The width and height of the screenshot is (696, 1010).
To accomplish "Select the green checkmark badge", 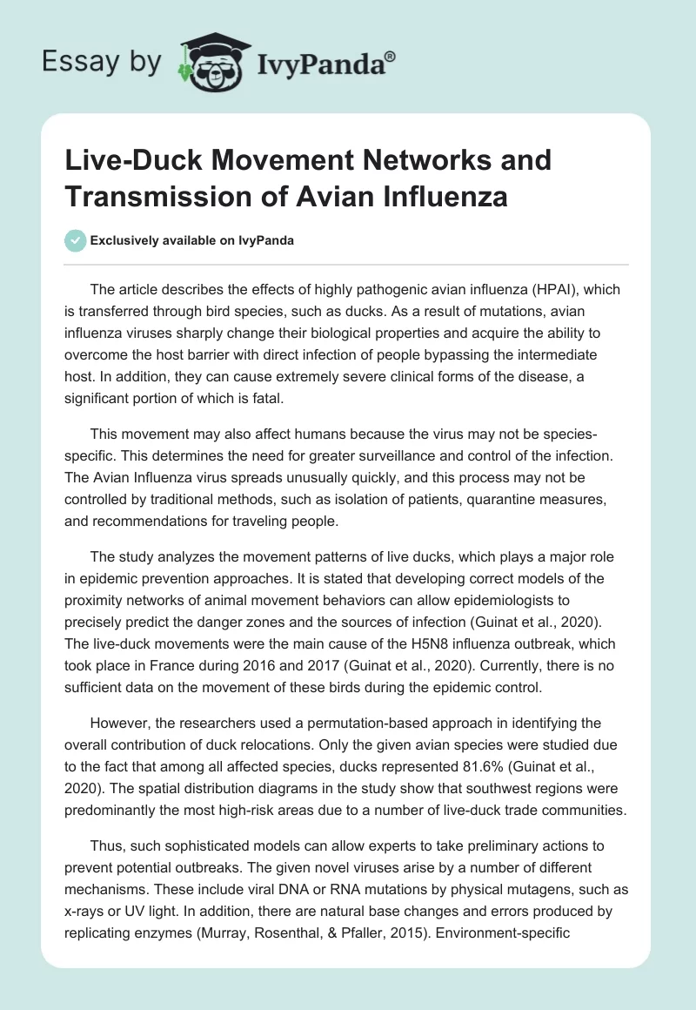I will point(75,241).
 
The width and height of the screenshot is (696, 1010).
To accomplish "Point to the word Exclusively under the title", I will point(125,241).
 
